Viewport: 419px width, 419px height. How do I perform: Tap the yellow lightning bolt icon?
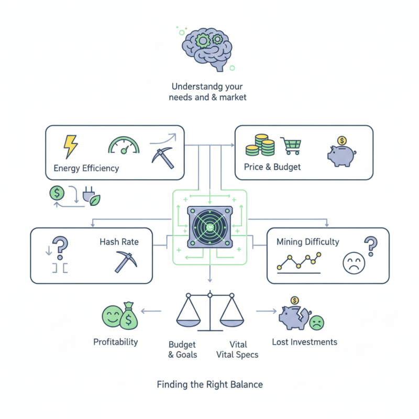(70, 147)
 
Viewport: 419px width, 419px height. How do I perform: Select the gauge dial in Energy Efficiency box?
(125, 146)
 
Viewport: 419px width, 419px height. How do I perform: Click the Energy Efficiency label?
(86, 168)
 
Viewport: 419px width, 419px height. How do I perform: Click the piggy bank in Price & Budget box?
(341, 152)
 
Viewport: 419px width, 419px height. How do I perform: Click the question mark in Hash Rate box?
(61, 247)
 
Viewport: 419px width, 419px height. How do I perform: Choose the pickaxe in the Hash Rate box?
(125, 261)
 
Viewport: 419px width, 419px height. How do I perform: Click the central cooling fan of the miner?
(210, 228)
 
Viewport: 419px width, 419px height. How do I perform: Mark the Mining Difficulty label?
(308, 242)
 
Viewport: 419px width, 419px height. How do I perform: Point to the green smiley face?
(112, 315)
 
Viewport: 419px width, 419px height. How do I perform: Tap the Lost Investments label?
(304, 342)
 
